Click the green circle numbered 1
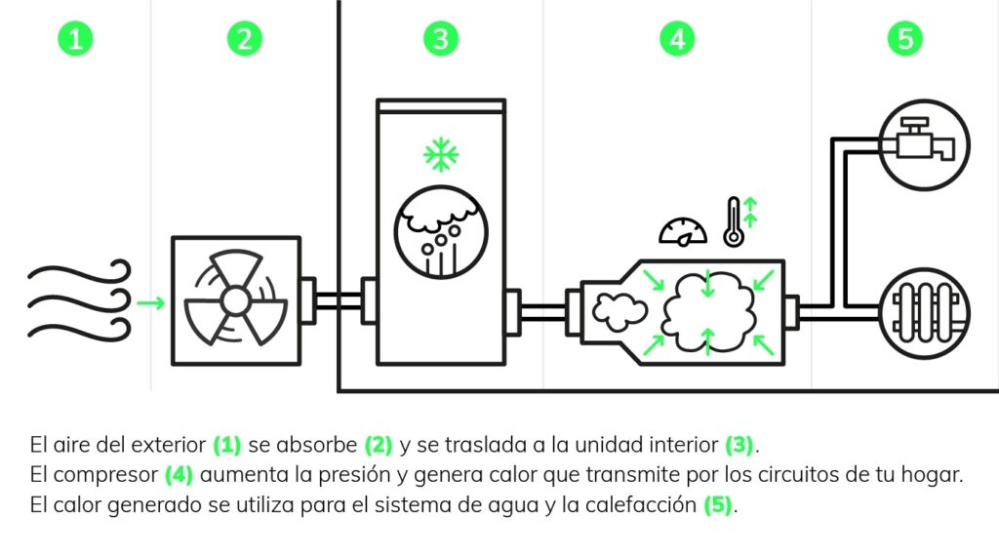pyautogui.click(x=77, y=38)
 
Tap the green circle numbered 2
pyautogui.click(x=244, y=38)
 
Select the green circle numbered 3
pyautogui.click(x=441, y=38)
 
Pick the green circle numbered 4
pyautogui.click(x=676, y=38)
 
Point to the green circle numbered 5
pyautogui.click(x=905, y=38)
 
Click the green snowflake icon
pyautogui.click(x=441, y=154)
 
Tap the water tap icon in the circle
pyautogui.click(x=924, y=143)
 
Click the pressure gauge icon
pyautogui.click(x=682, y=230)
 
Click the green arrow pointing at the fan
pyautogui.click(x=151, y=302)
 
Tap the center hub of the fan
pyautogui.click(x=236, y=301)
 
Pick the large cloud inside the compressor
pyautogui.click(x=708, y=310)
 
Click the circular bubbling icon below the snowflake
pyautogui.click(x=441, y=232)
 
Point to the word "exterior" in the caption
pyautogui.click(x=172, y=446)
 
